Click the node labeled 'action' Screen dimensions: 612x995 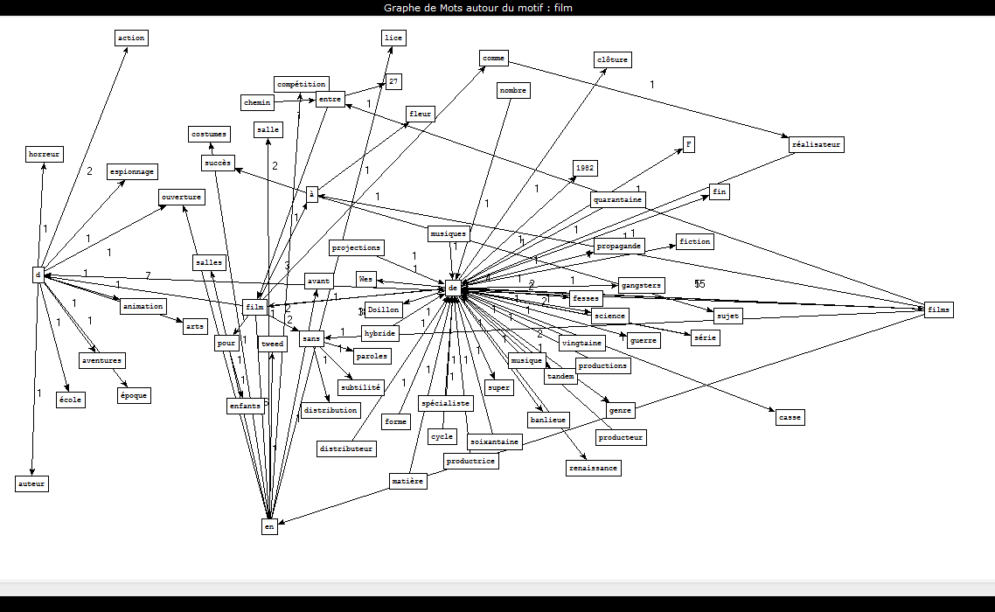(131, 38)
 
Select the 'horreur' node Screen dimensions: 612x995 (44, 155)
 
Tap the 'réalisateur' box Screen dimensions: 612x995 (816, 145)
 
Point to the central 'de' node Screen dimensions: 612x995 (453, 287)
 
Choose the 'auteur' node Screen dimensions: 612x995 (31, 483)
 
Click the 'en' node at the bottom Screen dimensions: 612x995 (269, 526)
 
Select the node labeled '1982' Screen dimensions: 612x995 (585, 168)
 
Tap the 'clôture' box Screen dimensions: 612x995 (612, 59)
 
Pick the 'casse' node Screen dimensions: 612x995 (789, 417)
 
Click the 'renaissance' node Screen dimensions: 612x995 (594, 468)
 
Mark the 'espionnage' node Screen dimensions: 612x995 (133, 171)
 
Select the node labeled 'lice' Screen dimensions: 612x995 (393, 38)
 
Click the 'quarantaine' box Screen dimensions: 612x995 (618, 199)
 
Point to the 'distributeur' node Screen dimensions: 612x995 (347, 449)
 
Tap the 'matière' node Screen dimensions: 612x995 (407, 481)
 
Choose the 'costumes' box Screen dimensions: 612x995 (210, 134)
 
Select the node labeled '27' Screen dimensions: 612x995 (394, 81)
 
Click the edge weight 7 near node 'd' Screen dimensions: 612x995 (148, 276)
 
